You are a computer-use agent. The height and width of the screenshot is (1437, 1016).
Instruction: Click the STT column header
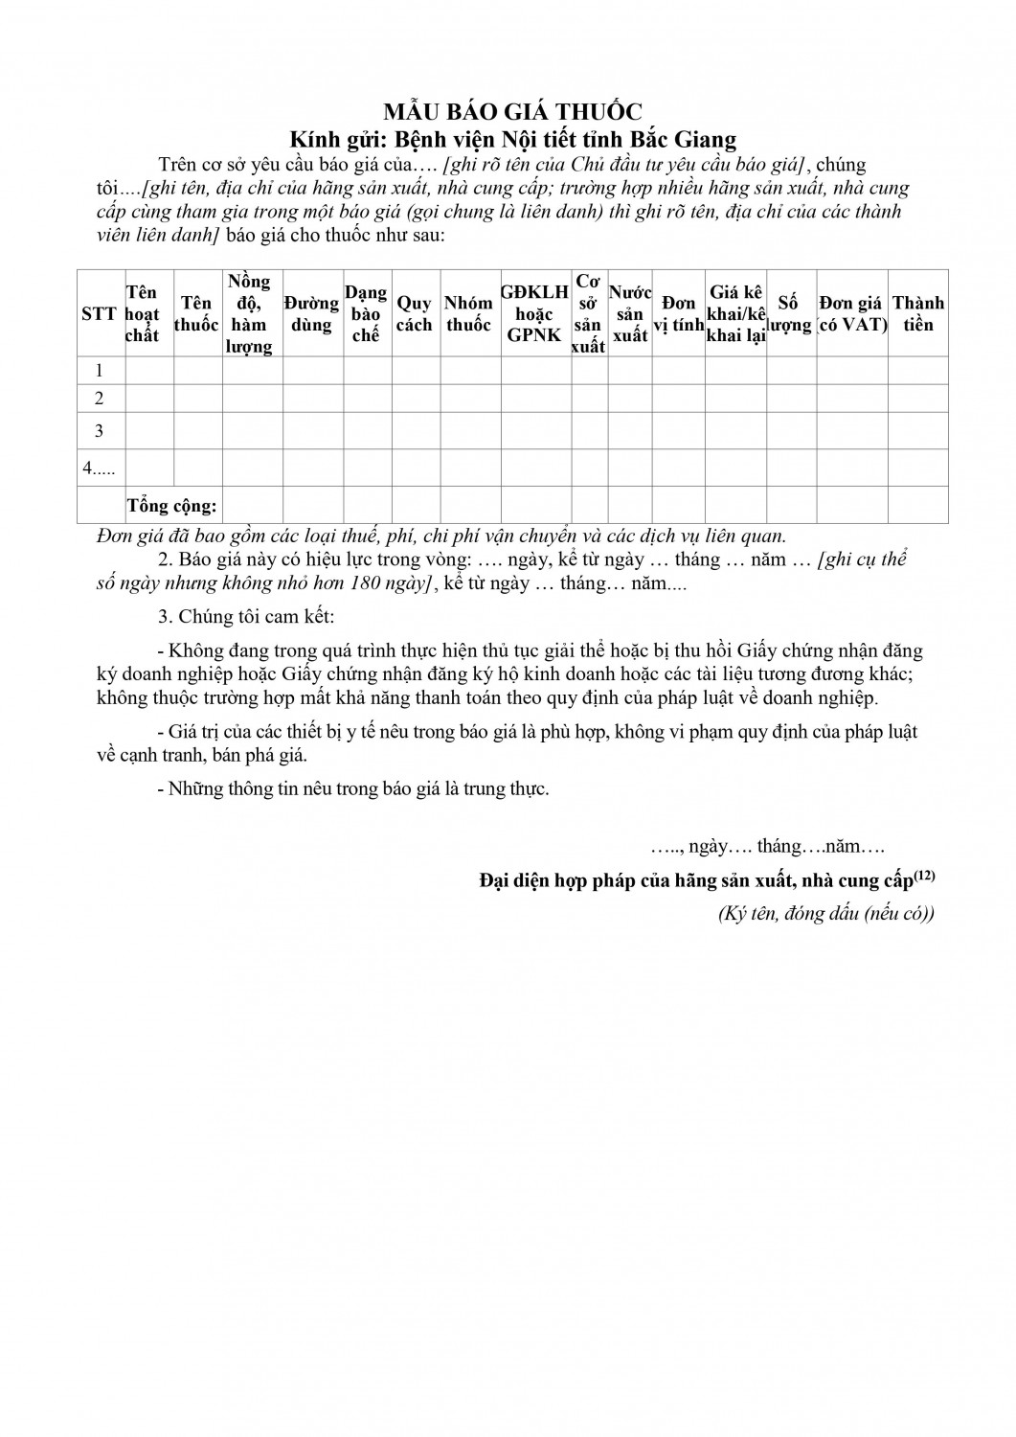[x=99, y=314]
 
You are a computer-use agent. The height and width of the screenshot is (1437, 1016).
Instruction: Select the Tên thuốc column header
[x=196, y=314]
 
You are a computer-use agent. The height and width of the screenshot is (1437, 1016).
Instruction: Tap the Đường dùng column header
[x=311, y=314]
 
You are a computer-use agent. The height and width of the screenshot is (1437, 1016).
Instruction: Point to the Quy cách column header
[x=415, y=314]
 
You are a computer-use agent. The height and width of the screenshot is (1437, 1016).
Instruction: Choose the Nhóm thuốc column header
[x=469, y=314]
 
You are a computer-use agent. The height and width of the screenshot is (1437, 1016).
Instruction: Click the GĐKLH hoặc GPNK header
[x=535, y=314]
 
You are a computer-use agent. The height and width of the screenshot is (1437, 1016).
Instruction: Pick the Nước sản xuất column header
[x=630, y=314]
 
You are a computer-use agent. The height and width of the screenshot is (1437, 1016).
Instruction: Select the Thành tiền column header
[x=917, y=314]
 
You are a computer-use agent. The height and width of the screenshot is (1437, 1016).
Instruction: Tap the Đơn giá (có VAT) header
[x=851, y=314]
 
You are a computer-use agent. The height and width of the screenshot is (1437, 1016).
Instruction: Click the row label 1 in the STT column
[x=99, y=371]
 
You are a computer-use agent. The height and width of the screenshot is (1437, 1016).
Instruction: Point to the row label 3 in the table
[x=99, y=431]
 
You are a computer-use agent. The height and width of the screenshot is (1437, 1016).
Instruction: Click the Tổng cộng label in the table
[x=172, y=505]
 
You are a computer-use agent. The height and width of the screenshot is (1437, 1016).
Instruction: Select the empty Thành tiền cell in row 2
[x=917, y=399]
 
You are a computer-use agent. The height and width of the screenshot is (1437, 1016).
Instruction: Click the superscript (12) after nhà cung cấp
[x=924, y=874]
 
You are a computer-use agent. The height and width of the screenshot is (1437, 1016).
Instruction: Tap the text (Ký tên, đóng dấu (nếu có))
[x=826, y=914]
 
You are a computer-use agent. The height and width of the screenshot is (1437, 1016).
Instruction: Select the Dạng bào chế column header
[x=366, y=314]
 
